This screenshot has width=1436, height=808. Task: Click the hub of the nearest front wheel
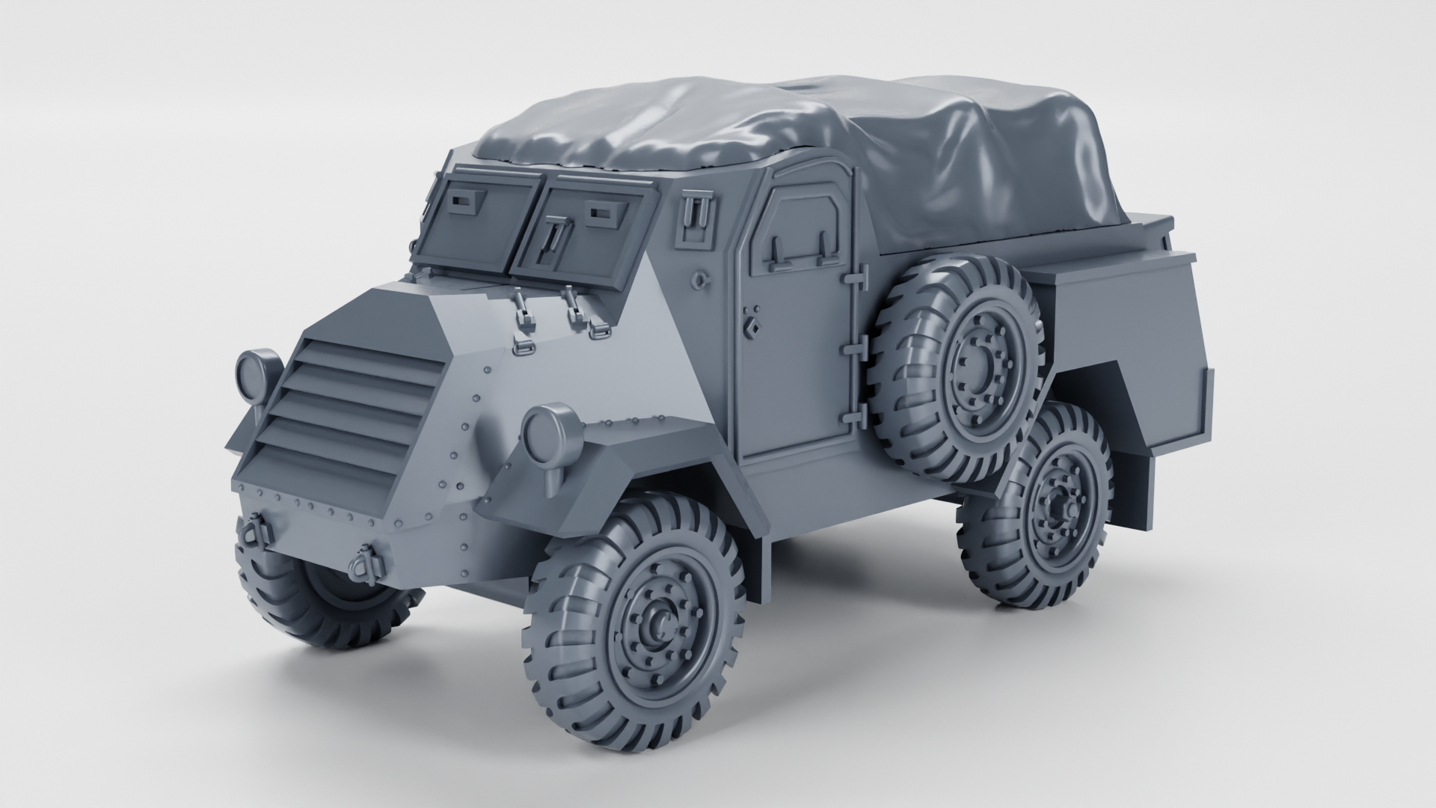tap(660, 622)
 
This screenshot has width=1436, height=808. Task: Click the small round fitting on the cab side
tap(698, 281)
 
